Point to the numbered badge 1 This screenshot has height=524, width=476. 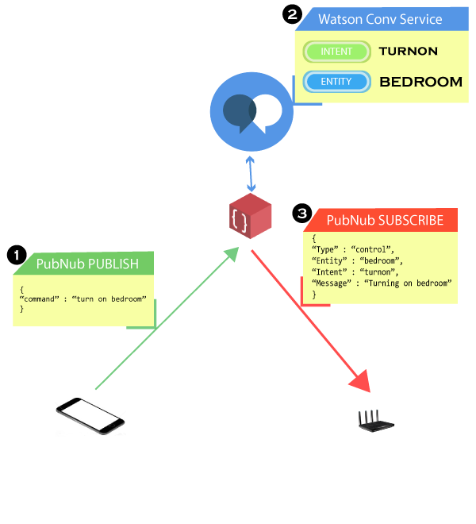(x=16, y=256)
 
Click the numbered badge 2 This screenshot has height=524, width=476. (x=293, y=15)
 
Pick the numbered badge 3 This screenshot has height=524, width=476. (x=302, y=213)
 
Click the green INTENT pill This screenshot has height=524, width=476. (x=336, y=52)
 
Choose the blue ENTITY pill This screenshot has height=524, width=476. (x=336, y=81)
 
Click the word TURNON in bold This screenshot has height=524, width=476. (x=408, y=52)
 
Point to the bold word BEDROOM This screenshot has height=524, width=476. (x=420, y=81)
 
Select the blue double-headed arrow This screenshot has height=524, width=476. (x=251, y=172)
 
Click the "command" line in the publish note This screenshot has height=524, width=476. (x=83, y=299)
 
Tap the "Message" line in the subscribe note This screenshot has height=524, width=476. (x=382, y=283)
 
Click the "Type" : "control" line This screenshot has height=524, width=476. (x=353, y=249)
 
